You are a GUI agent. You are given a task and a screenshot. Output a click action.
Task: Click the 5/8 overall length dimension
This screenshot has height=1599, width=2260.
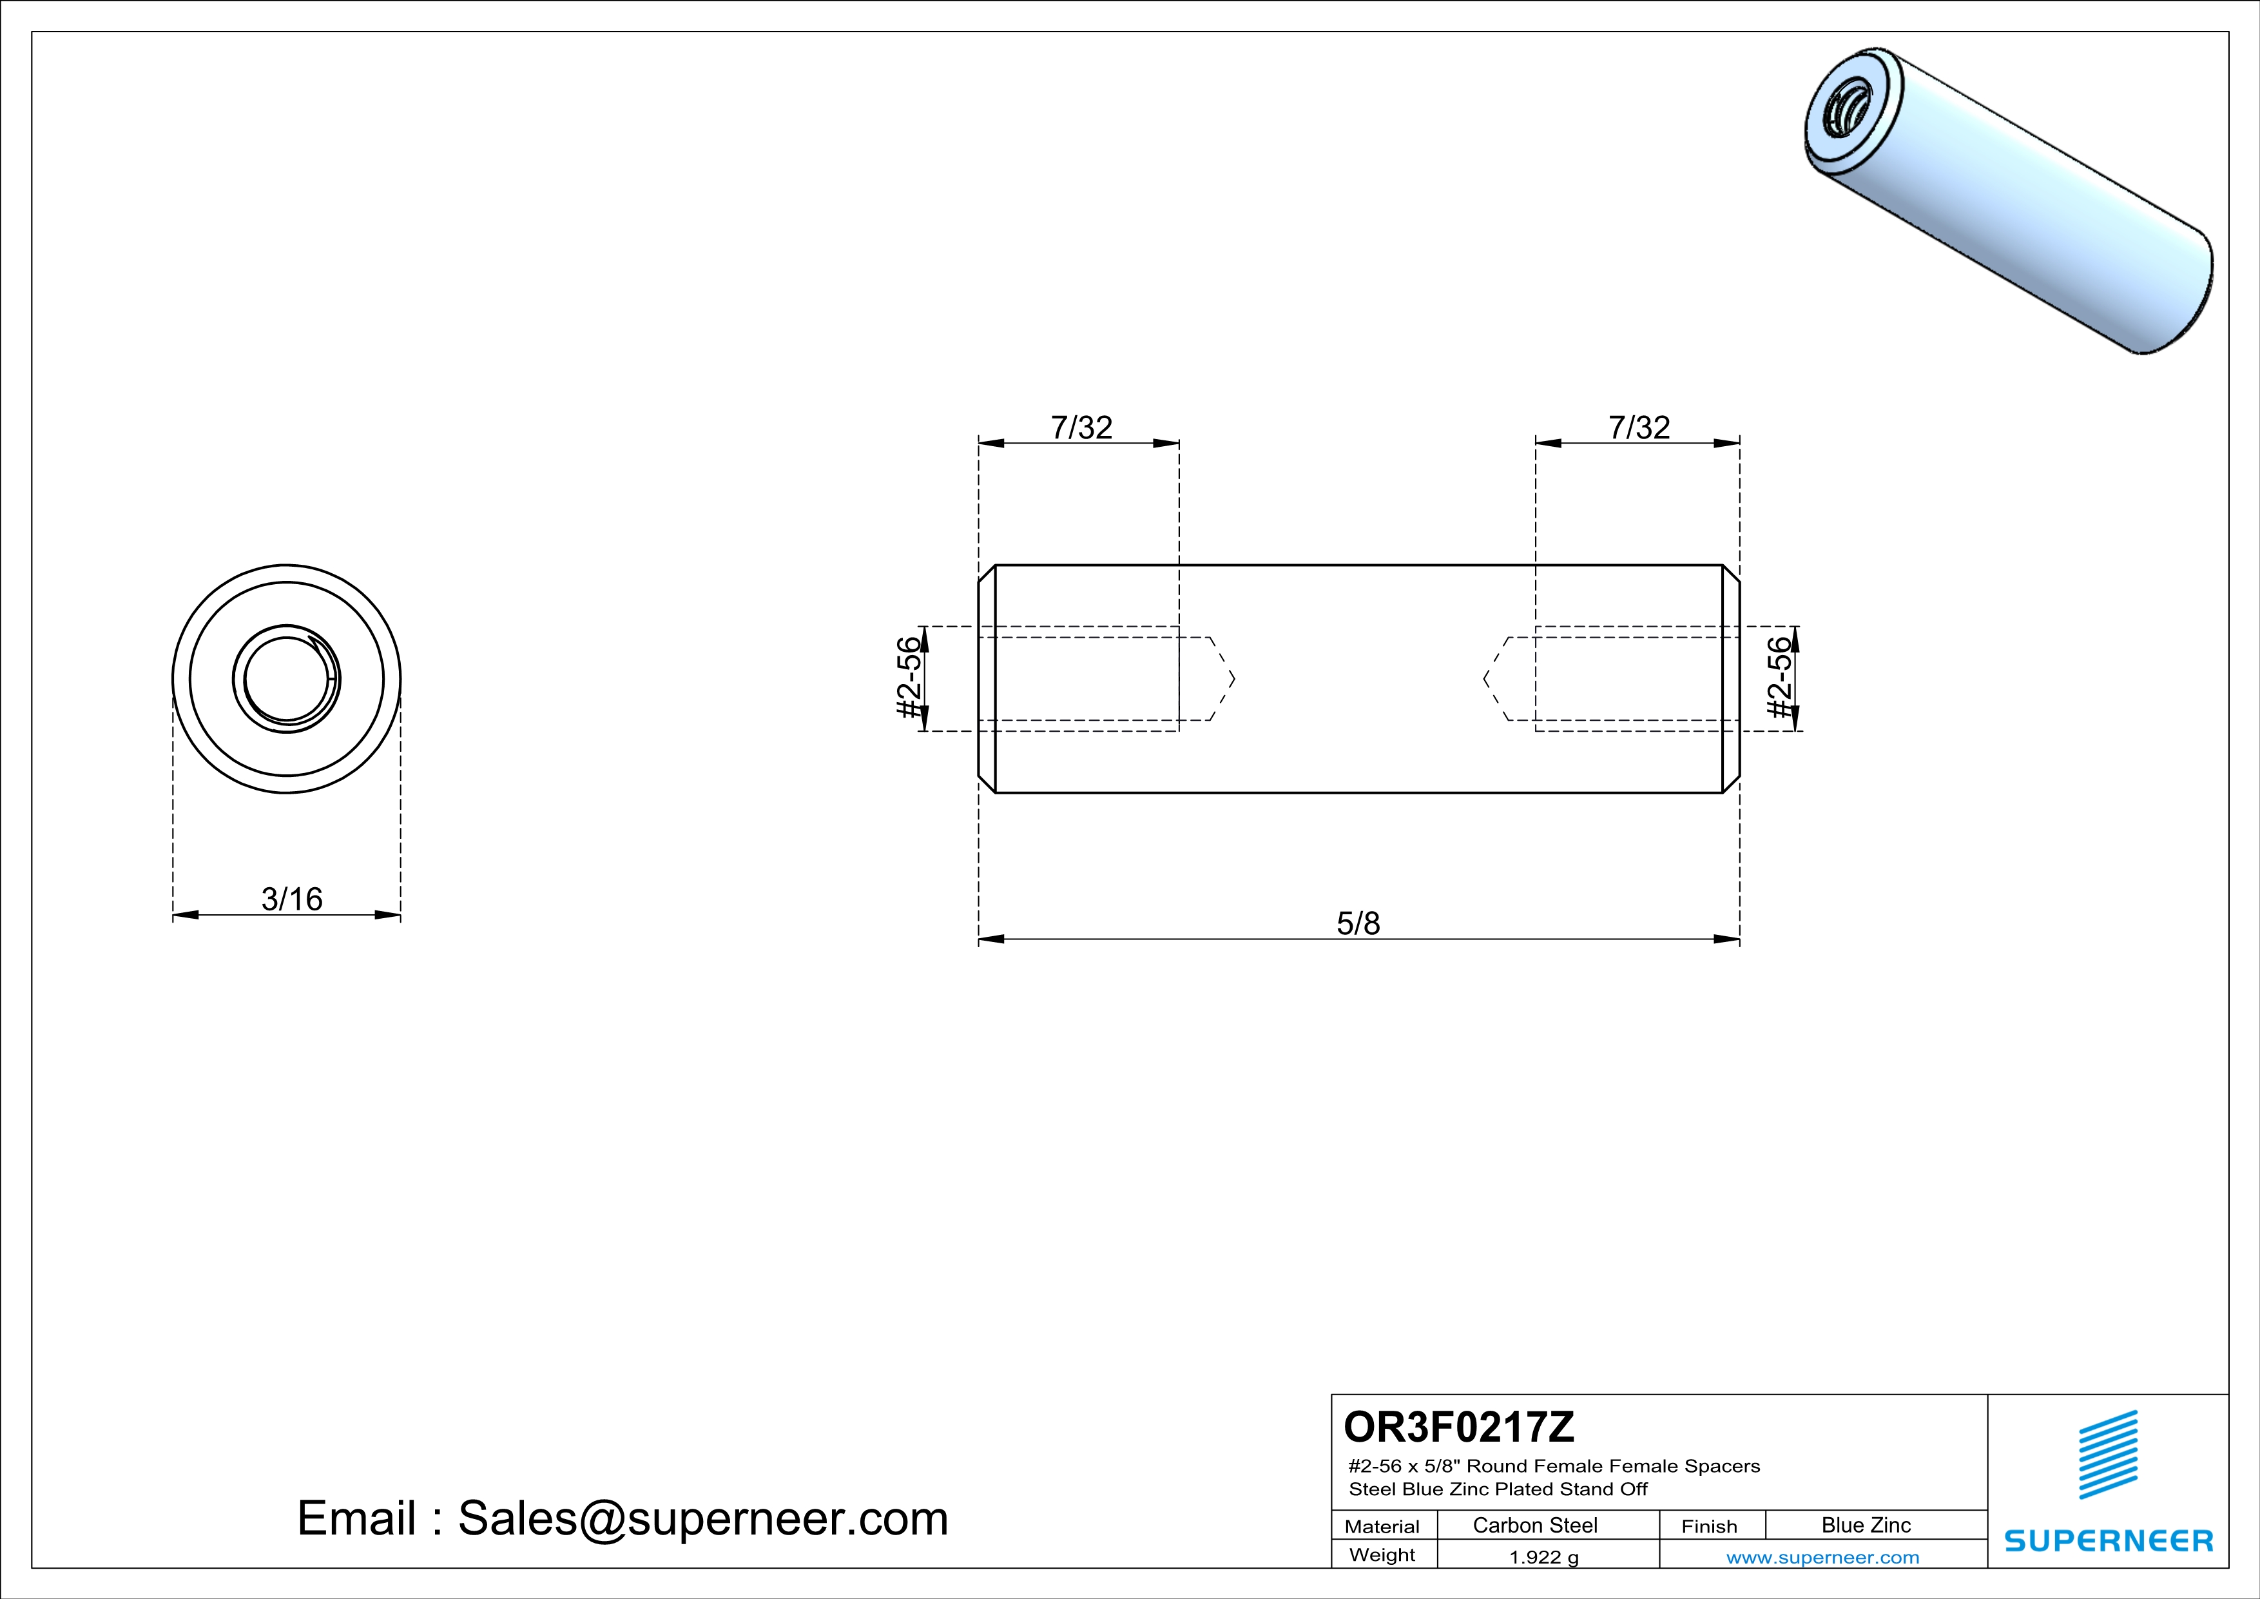1358,923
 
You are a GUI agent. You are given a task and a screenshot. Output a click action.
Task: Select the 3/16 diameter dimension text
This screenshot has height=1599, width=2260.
291,899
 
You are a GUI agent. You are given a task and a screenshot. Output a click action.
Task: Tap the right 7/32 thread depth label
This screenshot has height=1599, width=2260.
1639,427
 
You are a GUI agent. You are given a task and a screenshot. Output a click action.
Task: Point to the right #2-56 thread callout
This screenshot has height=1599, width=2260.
1780,678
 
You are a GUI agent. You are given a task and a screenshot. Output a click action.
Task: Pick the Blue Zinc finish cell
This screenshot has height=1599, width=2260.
1866,1525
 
